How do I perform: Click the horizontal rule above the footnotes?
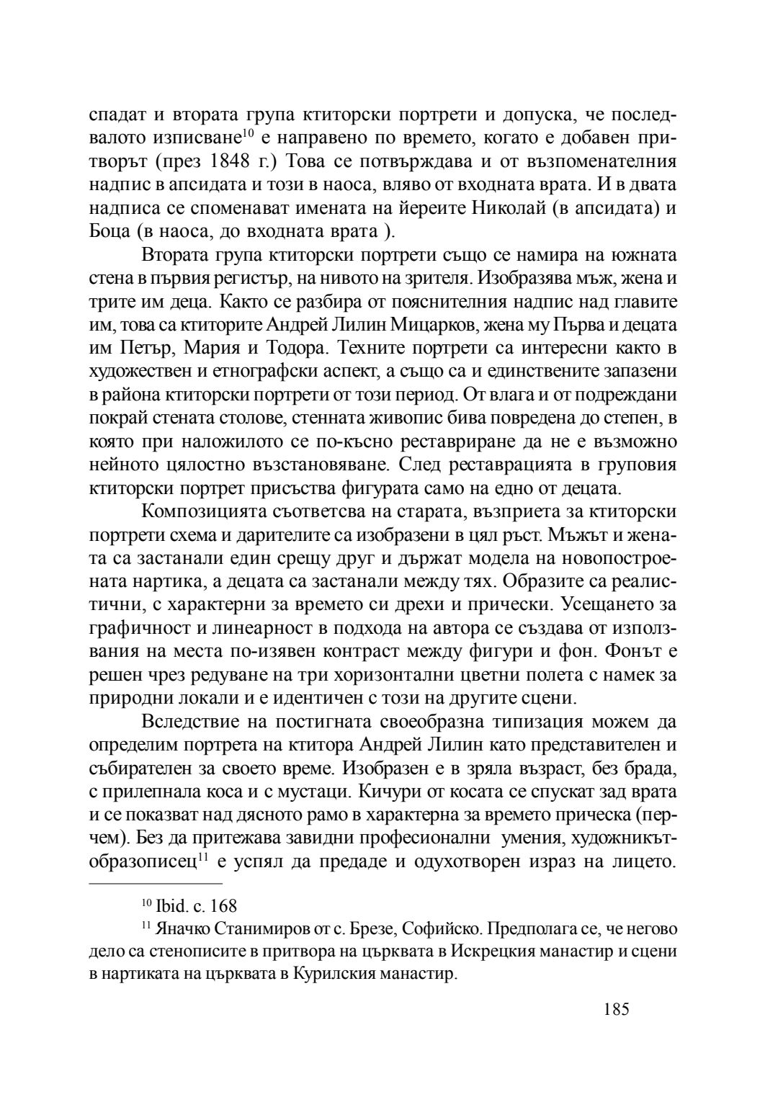pos(156,883)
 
